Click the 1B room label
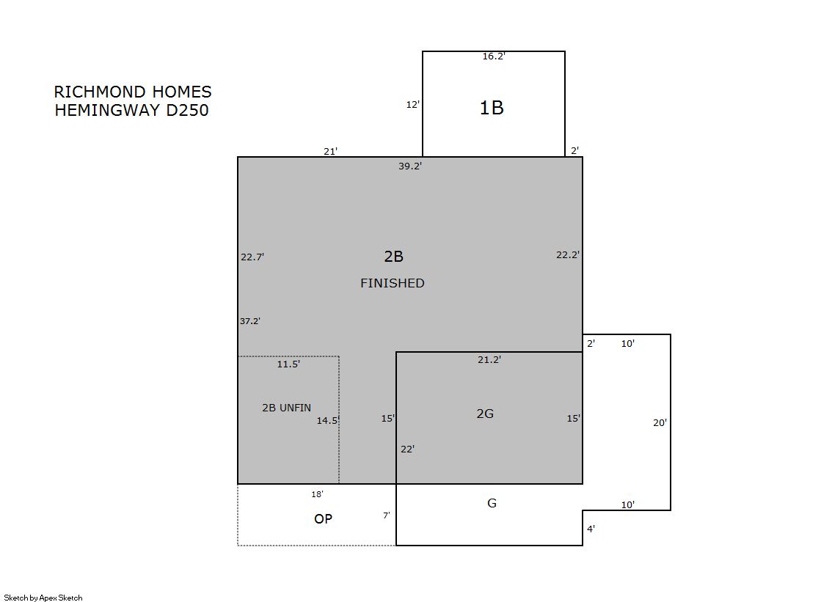click(x=492, y=108)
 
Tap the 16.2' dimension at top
click(x=494, y=56)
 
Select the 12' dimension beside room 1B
click(x=412, y=105)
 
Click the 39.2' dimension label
click(x=410, y=166)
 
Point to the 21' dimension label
click(x=330, y=151)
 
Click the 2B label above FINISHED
click(x=394, y=257)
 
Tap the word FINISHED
click(x=393, y=283)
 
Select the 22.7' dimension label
click(x=252, y=257)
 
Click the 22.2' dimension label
click(x=568, y=255)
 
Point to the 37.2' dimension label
click(x=249, y=321)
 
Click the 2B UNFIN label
click(x=286, y=408)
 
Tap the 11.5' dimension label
click(x=288, y=364)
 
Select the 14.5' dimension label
click(x=328, y=420)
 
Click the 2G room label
click(x=485, y=414)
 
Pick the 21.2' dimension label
click(x=489, y=359)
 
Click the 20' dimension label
click(x=660, y=423)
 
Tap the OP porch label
click(x=323, y=518)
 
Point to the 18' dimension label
click(x=317, y=494)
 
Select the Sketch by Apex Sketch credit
click(x=43, y=598)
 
